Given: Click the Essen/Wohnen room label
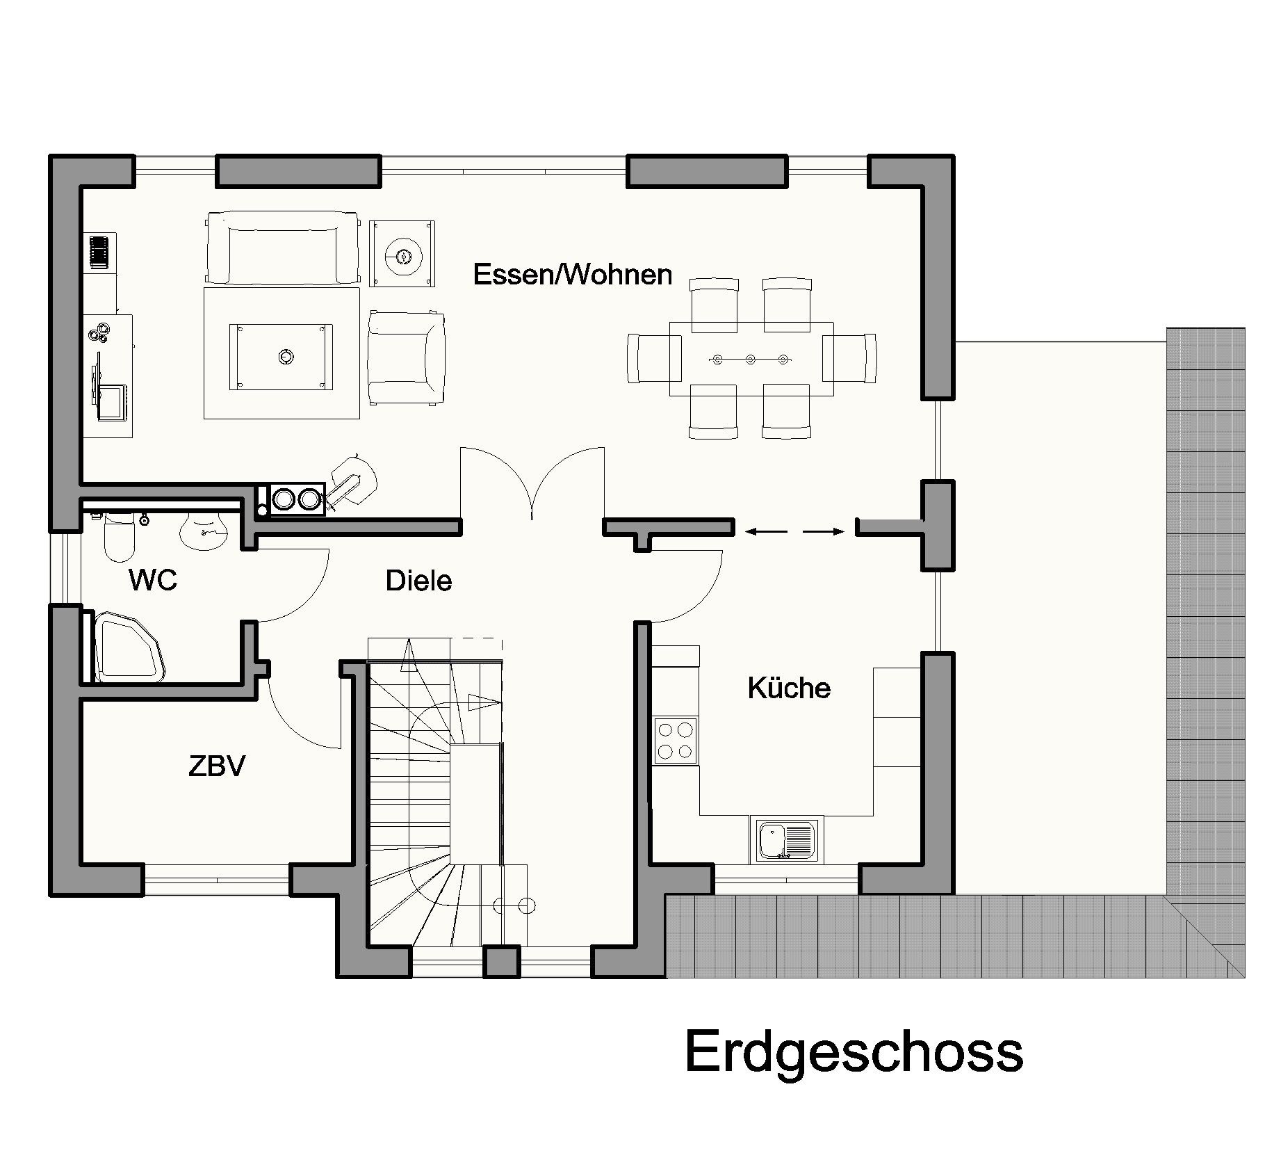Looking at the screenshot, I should click(x=573, y=275).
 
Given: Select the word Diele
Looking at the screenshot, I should click(x=418, y=581).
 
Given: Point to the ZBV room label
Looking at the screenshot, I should click(x=217, y=766).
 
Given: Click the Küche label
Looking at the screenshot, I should click(x=789, y=688).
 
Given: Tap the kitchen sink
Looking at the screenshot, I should click(x=786, y=839).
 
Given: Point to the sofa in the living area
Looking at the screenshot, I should click(x=283, y=249).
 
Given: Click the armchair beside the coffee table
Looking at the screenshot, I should click(x=406, y=357).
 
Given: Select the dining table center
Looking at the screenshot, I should click(x=751, y=359).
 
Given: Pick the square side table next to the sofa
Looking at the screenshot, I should click(x=402, y=253).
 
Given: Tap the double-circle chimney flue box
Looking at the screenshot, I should click(x=297, y=499).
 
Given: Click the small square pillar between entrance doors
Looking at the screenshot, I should click(x=501, y=961).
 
